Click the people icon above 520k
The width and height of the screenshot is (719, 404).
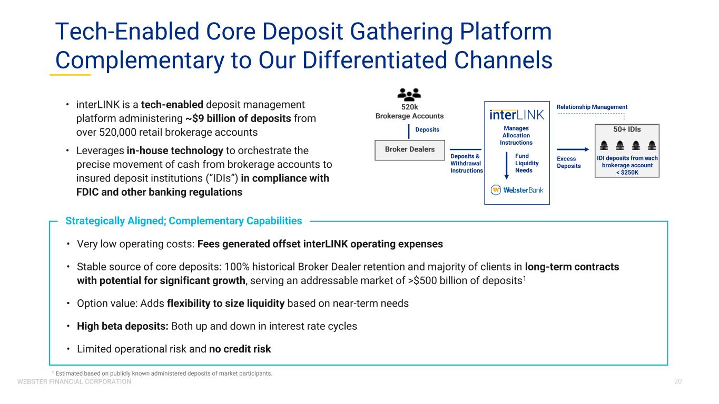tap(409, 94)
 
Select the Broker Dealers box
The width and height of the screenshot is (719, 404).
tap(410, 150)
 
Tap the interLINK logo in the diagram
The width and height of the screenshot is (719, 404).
tap(517, 115)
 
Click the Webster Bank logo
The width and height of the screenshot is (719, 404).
tap(517, 190)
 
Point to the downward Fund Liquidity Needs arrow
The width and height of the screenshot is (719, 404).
tap(507, 166)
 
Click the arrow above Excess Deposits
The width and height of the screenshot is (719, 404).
tap(573, 149)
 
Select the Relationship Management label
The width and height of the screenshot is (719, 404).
tap(592, 107)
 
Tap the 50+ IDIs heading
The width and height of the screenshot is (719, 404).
tap(627, 129)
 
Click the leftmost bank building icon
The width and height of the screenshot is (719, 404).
tap(604, 145)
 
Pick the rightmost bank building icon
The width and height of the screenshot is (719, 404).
tap(652, 145)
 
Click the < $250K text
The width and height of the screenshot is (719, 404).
tap(627, 173)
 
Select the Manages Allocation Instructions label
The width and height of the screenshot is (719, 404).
tap(516, 135)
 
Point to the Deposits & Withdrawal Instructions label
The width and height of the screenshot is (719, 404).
tap(466, 163)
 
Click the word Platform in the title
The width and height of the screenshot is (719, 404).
tap(506, 32)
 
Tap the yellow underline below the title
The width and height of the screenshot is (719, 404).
tap(70, 75)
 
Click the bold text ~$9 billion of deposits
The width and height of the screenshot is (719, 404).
tap(238, 119)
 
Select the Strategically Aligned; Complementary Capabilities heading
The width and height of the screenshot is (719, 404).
tap(184, 221)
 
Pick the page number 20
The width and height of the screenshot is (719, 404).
tap(678, 381)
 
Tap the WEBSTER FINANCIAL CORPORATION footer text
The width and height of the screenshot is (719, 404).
tap(74, 381)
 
